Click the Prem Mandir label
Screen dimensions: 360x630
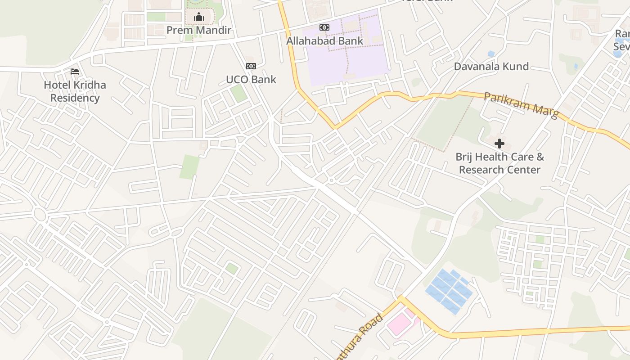(x=198, y=30)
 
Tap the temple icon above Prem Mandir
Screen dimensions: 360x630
(x=198, y=17)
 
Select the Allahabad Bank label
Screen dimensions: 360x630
(x=324, y=41)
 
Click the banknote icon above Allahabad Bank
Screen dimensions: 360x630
(x=324, y=27)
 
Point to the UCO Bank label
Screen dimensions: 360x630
(x=251, y=80)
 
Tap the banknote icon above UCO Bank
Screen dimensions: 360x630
(x=251, y=66)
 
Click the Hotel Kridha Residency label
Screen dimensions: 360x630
(x=75, y=91)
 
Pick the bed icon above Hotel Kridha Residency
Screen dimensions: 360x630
(x=75, y=72)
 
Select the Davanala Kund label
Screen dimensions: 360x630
(x=491, y=67)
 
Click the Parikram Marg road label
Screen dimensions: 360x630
(x=521, y=105)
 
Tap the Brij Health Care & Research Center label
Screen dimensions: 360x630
(x=499, y=163)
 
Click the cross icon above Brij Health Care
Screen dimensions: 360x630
(x=499, y=144)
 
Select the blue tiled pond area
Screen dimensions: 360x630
(x=449, y=290)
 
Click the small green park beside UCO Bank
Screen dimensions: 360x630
(x=238, y=93)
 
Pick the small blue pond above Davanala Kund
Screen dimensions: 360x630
(x=491, y=54)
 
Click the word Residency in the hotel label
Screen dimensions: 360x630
(x=75, y=98)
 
